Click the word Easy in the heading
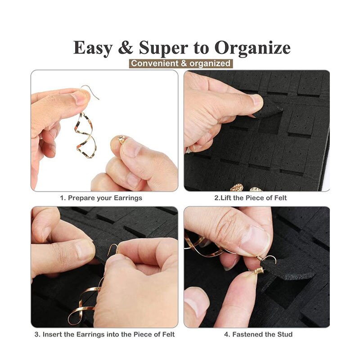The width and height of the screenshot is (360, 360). [93, 48]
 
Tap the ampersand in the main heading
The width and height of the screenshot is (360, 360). [126, 47]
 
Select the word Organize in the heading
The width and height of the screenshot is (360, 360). [252, 48]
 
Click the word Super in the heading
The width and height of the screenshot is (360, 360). [163, 48]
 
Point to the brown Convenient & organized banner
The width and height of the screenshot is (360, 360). [181, 63]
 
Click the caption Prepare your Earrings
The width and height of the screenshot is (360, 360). [101, 198]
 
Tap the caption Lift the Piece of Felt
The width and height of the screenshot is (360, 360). [251, 198]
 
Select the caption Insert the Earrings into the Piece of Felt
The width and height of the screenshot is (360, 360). [105, 334]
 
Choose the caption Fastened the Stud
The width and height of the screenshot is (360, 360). [258, 334]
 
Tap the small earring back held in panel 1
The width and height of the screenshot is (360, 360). [121, 139]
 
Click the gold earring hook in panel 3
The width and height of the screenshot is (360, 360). [113, 249]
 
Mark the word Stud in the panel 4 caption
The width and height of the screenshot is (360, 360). [285, 334]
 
